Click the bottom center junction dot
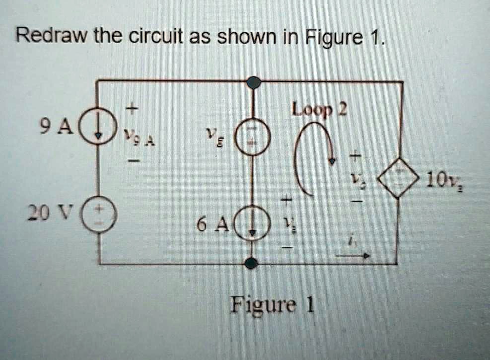click(x=253, y=263)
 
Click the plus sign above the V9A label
click(x=131, y=107)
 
